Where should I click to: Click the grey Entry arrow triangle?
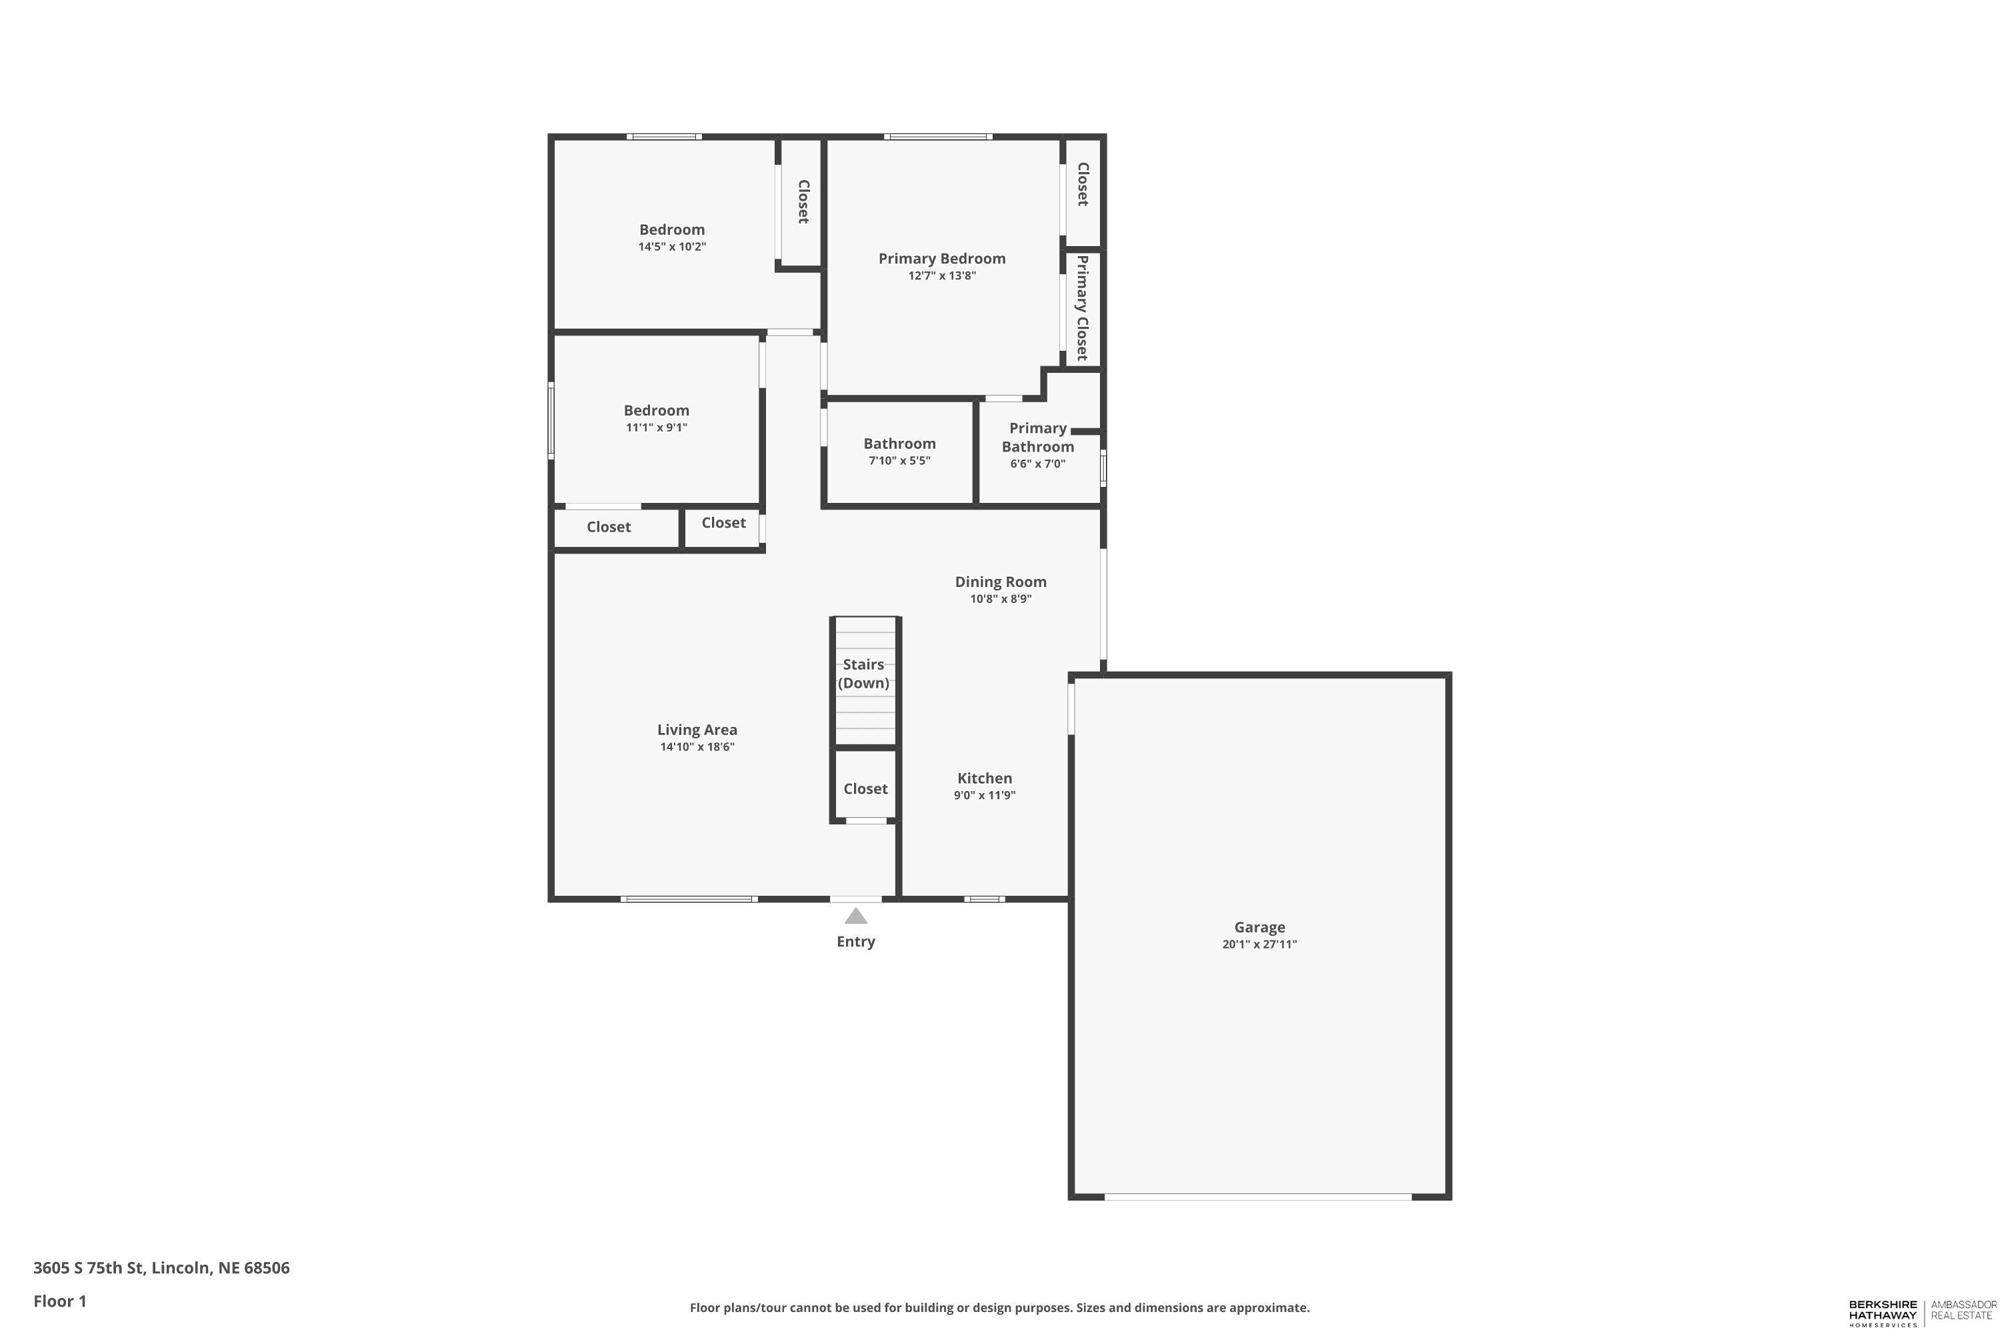[855, 917]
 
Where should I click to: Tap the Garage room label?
[1259, 927]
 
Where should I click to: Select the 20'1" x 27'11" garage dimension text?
[1259, 944]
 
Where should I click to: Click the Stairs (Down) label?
[863, 674]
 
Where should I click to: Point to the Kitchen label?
[985, 778]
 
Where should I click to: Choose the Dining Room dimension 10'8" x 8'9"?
[1001, 599]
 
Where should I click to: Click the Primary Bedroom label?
[941, 259]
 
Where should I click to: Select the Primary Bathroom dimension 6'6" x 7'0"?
[1037, 464]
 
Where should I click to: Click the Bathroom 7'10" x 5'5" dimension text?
[899, 461]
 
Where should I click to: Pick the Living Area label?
[697, 730]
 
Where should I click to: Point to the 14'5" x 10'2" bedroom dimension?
[672, 247]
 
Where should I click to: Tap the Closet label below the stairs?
[865, 788]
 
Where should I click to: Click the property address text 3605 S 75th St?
[161, 1268]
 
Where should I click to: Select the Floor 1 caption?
[59, 1301]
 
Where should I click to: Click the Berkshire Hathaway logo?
[1883, 1313]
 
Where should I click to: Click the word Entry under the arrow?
[855, 942]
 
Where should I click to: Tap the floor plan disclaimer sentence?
[999, 1307]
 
